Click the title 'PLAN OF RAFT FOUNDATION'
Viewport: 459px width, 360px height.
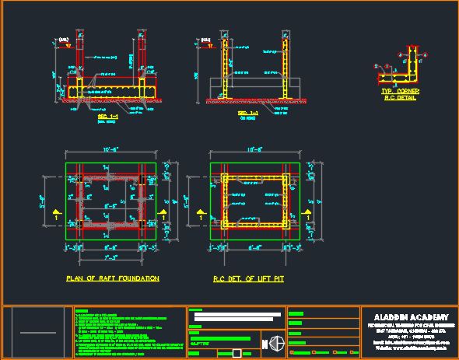[x=113, y=278]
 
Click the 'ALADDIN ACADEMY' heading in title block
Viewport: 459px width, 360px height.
[x=410, y=317]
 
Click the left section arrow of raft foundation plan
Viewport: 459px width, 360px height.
[x=54, y=211]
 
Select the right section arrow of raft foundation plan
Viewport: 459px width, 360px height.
[x=164, y=211]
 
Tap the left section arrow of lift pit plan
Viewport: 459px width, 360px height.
[x=200, y=211]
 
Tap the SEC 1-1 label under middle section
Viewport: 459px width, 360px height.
[x=247, y=114]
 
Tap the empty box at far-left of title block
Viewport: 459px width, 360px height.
[x=37, y=333]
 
